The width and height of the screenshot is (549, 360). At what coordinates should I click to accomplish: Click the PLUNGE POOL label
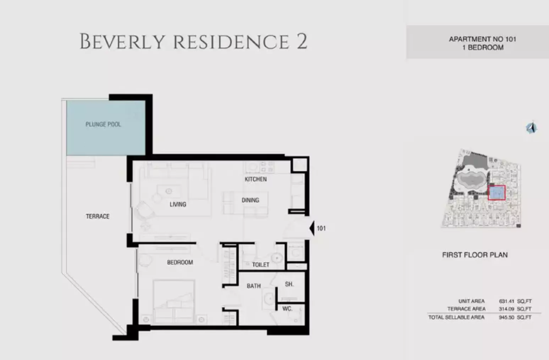[103, 124]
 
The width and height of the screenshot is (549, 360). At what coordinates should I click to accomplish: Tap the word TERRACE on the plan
[98, 216]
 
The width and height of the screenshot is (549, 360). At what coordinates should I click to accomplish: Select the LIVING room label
[178, 204]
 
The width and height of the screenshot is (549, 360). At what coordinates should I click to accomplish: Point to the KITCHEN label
[256, 179]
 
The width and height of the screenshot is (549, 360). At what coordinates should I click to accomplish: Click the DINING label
[250, 200]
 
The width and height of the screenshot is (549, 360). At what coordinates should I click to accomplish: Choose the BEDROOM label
[180, 262]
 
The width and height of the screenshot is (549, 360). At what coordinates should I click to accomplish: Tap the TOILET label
[261, 265]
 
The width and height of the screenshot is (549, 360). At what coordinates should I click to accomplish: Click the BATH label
[254, 286]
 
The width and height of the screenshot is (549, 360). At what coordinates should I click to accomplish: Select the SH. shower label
[289, 284]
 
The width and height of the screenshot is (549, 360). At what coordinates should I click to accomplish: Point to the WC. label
[287, 309]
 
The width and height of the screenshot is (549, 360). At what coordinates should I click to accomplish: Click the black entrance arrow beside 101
[312, 228]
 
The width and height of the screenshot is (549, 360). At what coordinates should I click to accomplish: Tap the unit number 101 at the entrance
[321, 228]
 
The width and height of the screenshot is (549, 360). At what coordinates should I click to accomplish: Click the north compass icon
[531, 128]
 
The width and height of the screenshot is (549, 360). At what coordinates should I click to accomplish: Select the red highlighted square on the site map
[497, 193]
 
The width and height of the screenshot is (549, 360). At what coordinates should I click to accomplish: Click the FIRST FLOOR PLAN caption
[475, 255]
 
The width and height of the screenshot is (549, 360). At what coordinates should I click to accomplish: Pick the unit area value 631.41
[506, 301]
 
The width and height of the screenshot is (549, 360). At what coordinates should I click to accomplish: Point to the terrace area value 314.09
[506, 309]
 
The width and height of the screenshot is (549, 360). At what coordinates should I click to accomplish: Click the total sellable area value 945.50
[506, 317]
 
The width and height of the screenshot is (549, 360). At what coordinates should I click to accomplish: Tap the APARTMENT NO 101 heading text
[482, 39]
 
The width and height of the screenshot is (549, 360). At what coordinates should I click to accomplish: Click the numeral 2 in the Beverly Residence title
[301, 41]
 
